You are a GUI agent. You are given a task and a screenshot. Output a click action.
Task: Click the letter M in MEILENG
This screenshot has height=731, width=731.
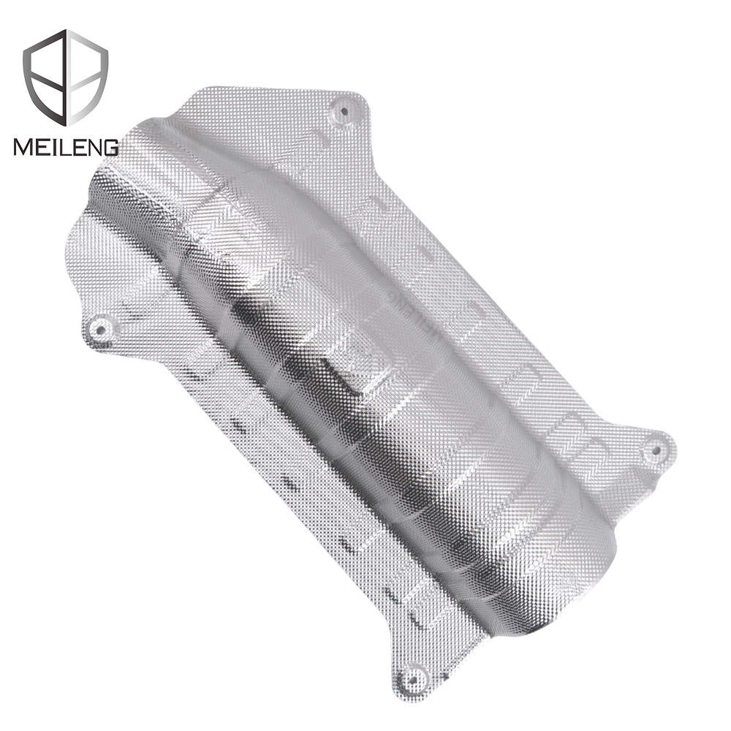23,147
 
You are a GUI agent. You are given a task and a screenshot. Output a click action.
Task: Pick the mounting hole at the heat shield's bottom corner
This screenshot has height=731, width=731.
414,674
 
